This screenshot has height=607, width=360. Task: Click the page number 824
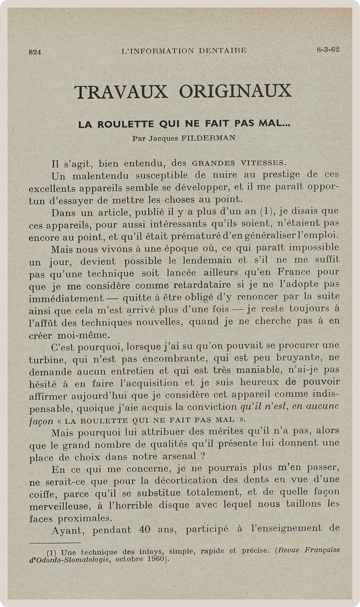coord(35,52)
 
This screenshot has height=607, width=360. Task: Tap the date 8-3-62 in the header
coord(328,50)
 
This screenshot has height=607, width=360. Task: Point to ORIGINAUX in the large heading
coord(235,91)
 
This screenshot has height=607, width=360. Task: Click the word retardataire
coord(202,284)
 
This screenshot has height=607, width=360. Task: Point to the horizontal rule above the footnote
coord(55,543)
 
